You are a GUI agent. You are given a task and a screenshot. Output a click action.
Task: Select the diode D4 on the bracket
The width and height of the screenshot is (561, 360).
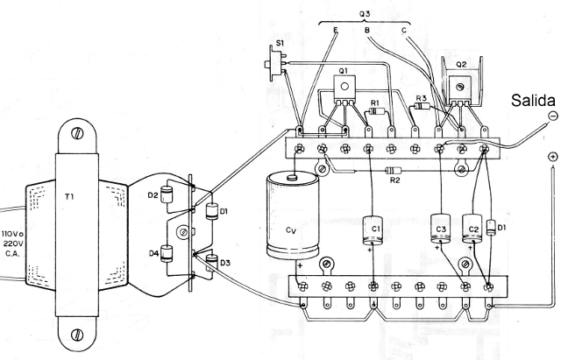(x=176, y=255)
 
